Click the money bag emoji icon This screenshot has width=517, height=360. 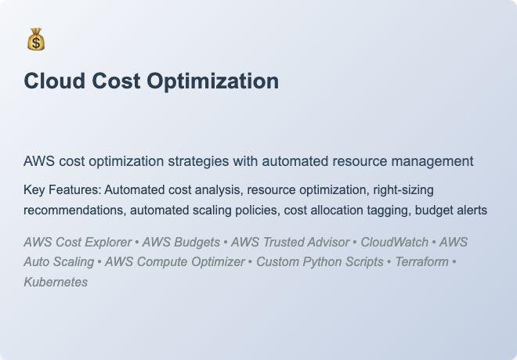click(35, 39)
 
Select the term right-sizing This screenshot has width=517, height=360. click(403, 190)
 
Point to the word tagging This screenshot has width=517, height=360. click(385, 210)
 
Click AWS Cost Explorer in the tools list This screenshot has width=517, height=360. click(78, 243)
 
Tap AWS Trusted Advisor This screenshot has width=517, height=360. click(290, 243)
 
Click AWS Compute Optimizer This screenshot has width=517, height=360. click(175, 262)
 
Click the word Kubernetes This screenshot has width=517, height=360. click(56, 282)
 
